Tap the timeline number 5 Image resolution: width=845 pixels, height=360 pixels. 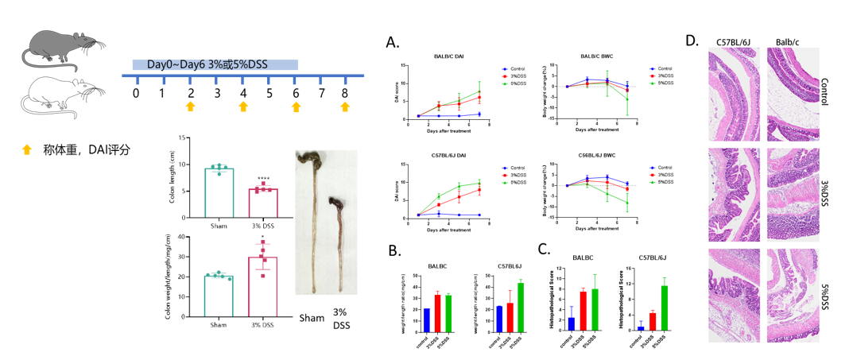coord(269,92)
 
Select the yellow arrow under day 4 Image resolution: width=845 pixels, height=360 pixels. coord(243,106)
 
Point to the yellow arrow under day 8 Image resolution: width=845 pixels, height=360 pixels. coord(344,106)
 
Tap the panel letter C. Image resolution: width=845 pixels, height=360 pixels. coord(543,247)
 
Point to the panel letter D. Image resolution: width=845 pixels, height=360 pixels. coord(692,40)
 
